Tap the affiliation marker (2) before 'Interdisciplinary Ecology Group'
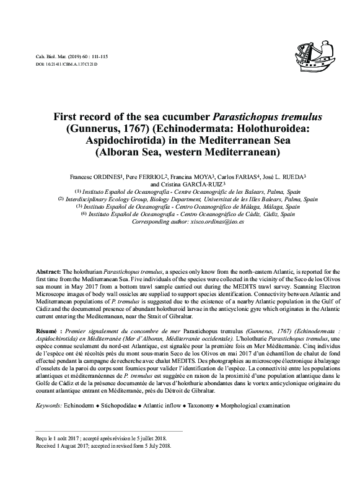coord(61,199)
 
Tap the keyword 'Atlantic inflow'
coord(168,404)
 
